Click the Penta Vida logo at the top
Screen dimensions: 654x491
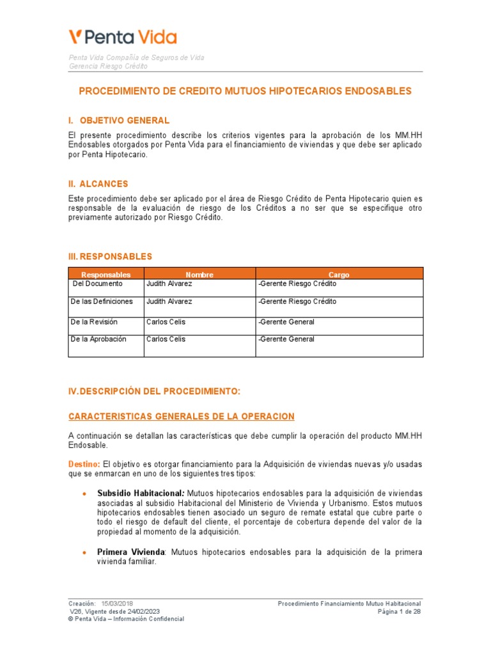coord(123,36)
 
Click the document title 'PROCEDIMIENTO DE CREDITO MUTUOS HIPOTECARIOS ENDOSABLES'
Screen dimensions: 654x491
coord(245,91)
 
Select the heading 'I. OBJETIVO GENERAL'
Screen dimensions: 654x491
coord(119,121)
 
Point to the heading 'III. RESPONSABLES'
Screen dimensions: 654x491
coord(110,257)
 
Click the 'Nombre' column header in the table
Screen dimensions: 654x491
coord(199,275)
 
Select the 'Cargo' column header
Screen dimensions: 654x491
coord(339,275)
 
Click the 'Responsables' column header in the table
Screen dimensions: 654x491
coord(105,275)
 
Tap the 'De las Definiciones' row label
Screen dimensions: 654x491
coord(102,301)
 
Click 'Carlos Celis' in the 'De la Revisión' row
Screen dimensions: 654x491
coord(166,322)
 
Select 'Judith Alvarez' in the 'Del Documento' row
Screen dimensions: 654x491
coord(169,284)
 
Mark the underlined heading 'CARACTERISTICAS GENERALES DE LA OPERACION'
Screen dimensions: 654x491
coord(182,416)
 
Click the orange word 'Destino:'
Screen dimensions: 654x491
coord(84,464)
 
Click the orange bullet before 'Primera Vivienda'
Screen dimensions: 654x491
coord(84,552)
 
